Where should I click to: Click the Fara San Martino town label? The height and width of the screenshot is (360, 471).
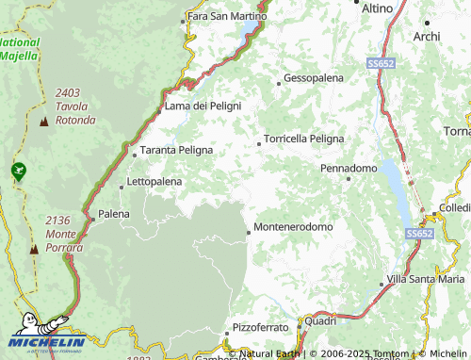click(227, 16)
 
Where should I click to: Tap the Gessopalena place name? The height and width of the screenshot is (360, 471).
click(314, 77)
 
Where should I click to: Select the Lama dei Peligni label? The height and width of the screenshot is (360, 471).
click(203, 106)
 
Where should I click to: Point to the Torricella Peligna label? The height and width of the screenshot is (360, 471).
click(303, 138)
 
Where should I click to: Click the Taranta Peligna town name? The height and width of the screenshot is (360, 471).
click(176, 150)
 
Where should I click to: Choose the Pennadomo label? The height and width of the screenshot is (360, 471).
click(349, 168)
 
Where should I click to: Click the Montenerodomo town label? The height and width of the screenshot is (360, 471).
click(294, 227)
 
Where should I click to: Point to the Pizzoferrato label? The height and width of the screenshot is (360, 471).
click(263, 326)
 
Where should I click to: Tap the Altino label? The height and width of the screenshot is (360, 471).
click(377, 8)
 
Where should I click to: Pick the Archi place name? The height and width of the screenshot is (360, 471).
click(427, 36)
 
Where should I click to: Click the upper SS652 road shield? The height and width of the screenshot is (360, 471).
click(381, 62)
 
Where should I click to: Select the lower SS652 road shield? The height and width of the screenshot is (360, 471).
click(419, 233)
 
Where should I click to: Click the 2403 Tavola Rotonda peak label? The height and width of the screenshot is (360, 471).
click(75, 106)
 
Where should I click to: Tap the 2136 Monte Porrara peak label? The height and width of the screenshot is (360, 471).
click(64, 234)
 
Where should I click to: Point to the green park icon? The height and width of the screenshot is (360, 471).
click(17, 171)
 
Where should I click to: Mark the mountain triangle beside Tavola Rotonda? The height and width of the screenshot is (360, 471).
click(43, 122)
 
